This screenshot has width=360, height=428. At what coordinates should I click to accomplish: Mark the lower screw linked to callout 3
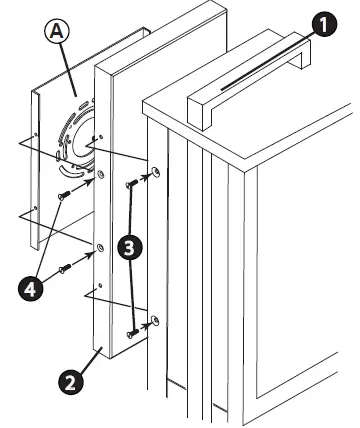134,332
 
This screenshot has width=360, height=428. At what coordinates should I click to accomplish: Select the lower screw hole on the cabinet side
155,322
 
